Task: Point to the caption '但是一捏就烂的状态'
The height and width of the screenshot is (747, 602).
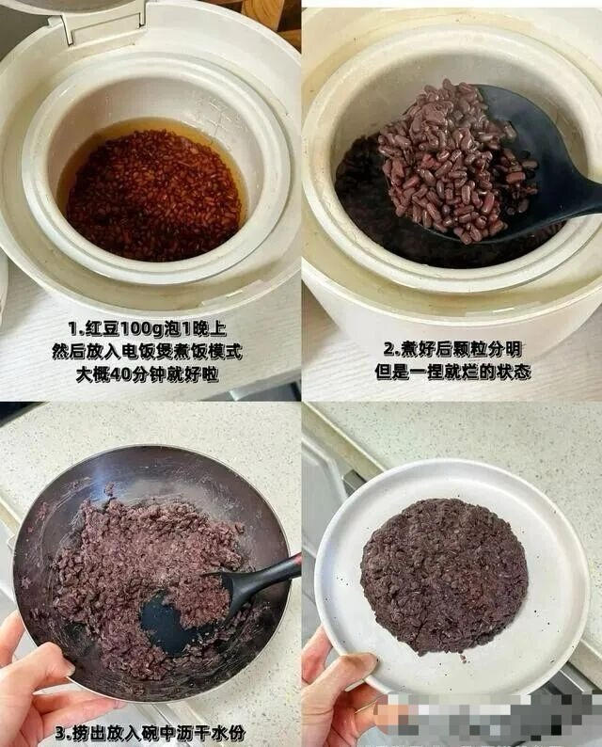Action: click(451, 372)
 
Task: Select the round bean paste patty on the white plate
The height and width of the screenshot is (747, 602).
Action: click(444, 574)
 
